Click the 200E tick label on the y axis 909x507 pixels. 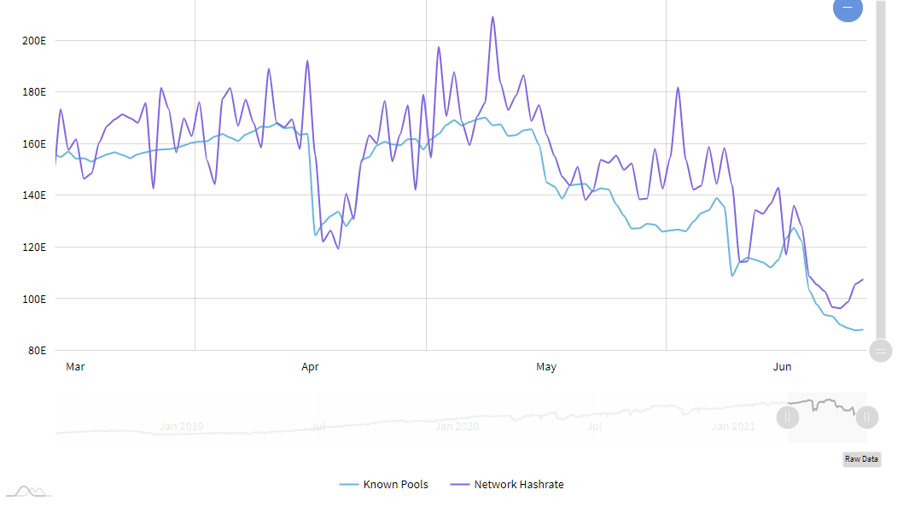[x=35, y=40]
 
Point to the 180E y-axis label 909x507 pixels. [x=35, y=92]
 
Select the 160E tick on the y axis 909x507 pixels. [x=35, y=144]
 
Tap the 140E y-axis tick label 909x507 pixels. [x=35, y=195]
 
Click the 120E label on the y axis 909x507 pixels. [x=35, y=248]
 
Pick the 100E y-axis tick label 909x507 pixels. [x=35, y=300]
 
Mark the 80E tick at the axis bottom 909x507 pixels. [x=38, y=351]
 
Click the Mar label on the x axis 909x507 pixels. [x=75, y=367]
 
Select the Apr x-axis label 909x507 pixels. [x=310, y=367]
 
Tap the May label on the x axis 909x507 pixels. [x=546, y=367]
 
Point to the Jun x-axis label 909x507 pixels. [x=782, y=367]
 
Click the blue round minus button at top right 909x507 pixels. [x=848, y=8]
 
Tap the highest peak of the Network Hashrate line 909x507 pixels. [x=492, y=17]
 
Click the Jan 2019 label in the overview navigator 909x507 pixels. [x=180, y=426]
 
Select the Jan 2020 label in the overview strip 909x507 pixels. [x=456, y=426]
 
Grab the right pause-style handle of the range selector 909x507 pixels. [x=867, y=417]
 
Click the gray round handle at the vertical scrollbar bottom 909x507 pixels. [x=881, y=351]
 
